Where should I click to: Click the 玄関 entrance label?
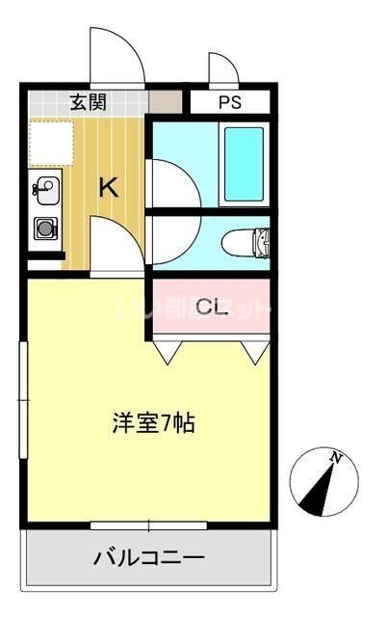tap(88, 101)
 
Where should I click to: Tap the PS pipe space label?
tap(229, 102)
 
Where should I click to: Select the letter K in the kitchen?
tap(108, 187)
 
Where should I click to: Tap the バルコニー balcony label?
tap(148, 558)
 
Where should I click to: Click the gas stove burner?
tap(45, 229)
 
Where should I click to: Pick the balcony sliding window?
tap(149, 525)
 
